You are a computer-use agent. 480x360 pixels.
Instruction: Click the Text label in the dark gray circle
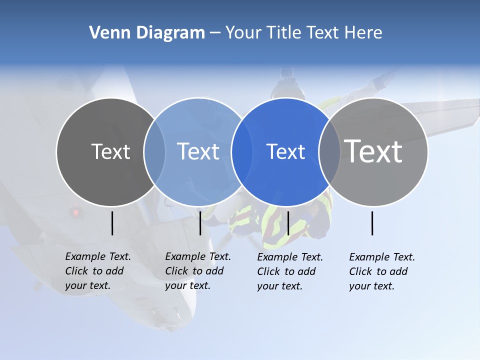pyautogui.click(x=110, y=151)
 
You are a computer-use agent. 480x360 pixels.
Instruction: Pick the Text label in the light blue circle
pyautogui.click(x=198, y=151)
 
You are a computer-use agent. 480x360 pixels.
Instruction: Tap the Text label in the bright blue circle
pyautogui.click(x=285, y=151)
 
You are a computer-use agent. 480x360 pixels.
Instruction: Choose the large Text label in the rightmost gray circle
pyautogui.click(x=373, y=151)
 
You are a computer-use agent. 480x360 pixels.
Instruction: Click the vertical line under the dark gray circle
pyautogui.click(x=112, y=223)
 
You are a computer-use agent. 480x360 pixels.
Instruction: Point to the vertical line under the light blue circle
pyautogui.click(x=200, y=223)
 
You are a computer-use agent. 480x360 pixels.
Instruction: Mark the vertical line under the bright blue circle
pyautogui.click(x=288, y=223)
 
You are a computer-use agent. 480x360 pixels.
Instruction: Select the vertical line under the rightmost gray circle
pyautogui.click(x=372, y=223)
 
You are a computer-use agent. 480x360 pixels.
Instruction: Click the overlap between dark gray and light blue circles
pyautogui.click(x=154, y=152)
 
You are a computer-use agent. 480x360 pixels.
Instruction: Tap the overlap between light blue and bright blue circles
pyautogui.click(x=242, y=152)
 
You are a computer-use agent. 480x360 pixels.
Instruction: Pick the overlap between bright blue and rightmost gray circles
pyautogui.click(x=329, y=152)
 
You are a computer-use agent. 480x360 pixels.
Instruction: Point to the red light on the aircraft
pyautogui.click(x=76, y=212)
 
